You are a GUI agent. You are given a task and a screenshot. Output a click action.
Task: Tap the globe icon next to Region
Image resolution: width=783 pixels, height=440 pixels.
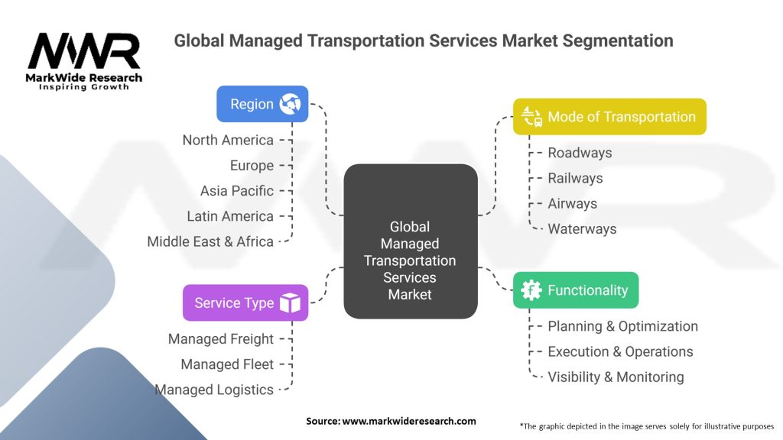(291, 104)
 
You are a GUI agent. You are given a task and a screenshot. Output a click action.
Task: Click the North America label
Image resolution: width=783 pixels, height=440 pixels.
(228, 140)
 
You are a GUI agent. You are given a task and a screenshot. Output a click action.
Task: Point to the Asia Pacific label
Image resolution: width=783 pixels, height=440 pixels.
(236, 191)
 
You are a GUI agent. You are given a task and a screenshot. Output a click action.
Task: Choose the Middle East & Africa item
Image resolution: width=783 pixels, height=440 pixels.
(210, 241)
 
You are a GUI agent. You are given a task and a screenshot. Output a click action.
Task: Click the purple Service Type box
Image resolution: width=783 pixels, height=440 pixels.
(245, 302)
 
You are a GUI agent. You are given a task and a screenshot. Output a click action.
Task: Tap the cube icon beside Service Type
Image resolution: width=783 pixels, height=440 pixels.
(290, 303)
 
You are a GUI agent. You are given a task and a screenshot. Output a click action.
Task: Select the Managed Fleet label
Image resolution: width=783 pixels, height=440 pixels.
(227, 364)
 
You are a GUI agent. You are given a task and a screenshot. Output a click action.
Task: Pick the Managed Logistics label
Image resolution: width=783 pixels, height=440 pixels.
(214, 390)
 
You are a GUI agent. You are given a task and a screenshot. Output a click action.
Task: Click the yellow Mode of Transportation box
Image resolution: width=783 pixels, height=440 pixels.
(609, 117)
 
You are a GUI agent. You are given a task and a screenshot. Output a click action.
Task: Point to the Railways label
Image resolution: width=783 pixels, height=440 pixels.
(575, 178)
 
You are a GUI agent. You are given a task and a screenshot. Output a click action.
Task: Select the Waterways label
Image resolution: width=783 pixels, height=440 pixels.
(582, 228)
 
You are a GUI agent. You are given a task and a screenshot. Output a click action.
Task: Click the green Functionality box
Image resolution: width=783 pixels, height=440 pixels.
(575, 290)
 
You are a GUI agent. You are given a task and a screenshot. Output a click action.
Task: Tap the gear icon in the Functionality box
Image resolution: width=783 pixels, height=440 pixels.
(531, 290)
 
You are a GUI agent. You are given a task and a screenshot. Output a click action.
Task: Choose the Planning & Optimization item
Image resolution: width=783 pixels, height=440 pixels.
(622, 326)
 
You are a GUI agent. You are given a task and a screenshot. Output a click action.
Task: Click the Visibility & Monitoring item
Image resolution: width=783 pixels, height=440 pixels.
(616, 377)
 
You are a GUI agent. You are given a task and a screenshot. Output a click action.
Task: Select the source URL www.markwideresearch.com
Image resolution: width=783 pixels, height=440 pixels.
(409, 421)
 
